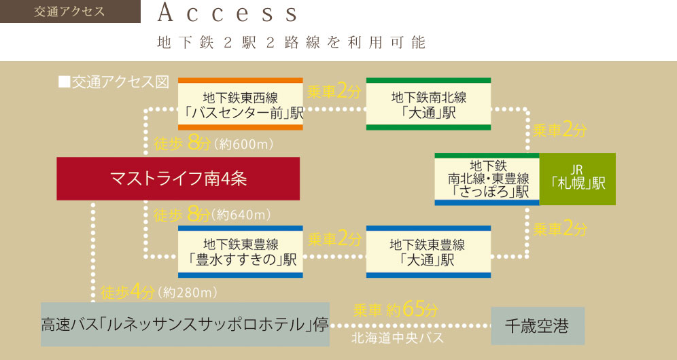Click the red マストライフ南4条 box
point(178,179)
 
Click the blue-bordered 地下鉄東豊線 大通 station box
point(428,252)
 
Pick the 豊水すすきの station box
point(241,252)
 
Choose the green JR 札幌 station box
point(578,179)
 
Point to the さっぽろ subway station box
point(487,179)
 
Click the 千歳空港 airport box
point(537,327)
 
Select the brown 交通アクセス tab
point(70,12)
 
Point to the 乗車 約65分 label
point(396,310)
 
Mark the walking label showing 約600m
point(213,144)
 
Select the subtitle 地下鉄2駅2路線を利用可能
point(290,43)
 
